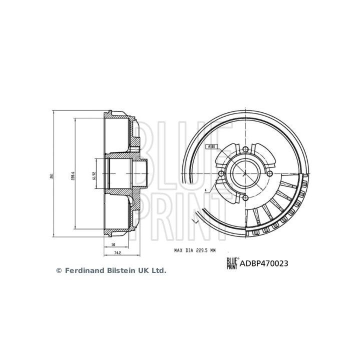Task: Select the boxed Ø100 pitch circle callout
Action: tap(210, 146)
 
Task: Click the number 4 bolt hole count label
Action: tap(205, 190)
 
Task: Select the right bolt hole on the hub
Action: tap(269, 173)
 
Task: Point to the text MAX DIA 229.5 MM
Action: tap(194, 249)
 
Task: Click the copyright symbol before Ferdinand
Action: tap(58, 270)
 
